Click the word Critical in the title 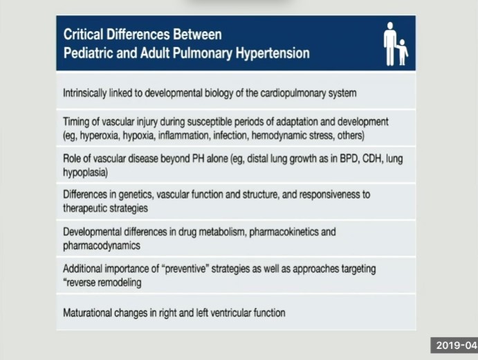click(83, 34)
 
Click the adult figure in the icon click(390, 43)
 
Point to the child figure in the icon click(403, 52)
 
